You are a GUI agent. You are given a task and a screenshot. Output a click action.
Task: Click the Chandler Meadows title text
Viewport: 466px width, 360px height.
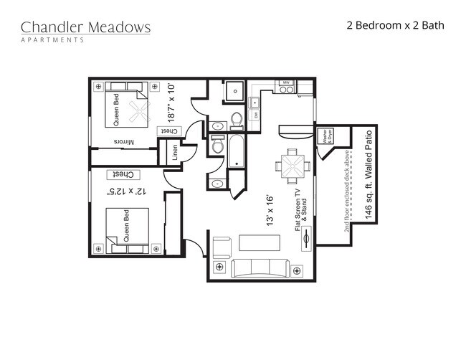point(85,27)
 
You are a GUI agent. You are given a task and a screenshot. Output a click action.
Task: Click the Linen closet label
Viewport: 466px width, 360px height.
point(173,152)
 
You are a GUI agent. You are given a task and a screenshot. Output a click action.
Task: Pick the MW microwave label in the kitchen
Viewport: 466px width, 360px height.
point(285,84)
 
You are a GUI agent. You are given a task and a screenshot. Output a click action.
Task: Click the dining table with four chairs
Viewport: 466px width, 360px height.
point(293,166)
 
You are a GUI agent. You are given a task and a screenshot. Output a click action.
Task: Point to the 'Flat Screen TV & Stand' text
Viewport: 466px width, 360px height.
point(300,204)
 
